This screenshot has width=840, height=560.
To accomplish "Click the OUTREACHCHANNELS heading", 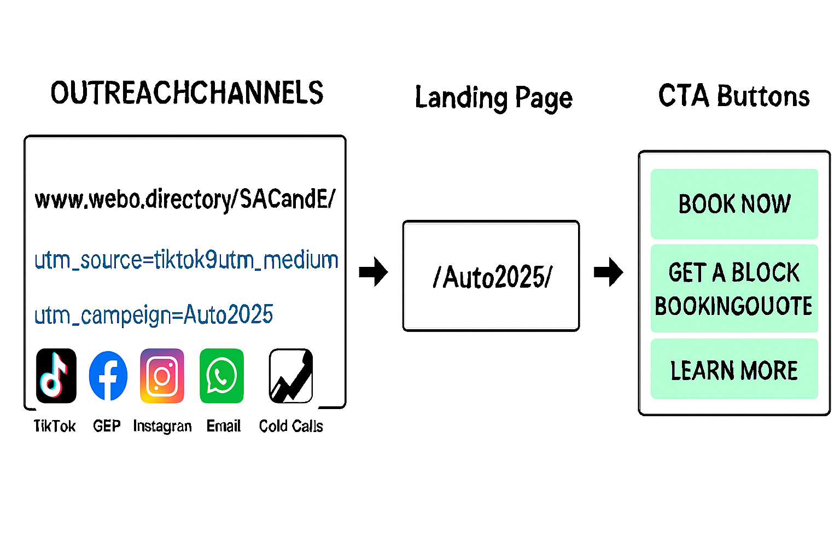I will click(x=186, y=93).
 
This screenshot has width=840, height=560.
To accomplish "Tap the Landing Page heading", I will click(x=493, y=98).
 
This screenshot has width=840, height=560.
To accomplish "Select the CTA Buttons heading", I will click(x=733, y=96).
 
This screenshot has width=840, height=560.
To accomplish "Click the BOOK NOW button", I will click(x=734, y=203).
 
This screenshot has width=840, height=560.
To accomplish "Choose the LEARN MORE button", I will click(x=734, y=370).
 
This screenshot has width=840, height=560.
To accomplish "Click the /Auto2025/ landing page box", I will click(x=491, y=276).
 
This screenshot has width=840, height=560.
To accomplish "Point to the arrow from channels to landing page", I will click(x=374, y=272).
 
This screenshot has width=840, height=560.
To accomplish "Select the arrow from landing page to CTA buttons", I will click(x=608, y=272).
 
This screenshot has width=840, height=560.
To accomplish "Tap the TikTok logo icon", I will click(x=56, y=376).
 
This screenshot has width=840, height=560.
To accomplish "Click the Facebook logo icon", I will click(x=108, y=376).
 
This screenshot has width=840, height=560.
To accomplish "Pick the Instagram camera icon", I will click(x=162, y=376).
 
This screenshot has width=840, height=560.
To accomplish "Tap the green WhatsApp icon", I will click(x=221, y=376).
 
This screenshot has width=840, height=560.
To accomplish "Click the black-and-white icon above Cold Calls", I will click(x=291, y=376).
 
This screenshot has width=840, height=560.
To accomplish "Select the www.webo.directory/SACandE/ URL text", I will click(x=185, y=199).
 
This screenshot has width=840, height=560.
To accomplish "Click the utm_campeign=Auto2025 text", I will click(x=154, y=315).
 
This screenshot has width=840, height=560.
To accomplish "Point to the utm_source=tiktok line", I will click(x=186, y=260).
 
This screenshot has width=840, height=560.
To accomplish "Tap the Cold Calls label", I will click(x=291, y=426).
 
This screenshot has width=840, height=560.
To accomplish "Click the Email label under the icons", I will click(x=223, y=426).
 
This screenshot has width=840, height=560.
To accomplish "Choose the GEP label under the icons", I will click(x=107, y=426).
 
